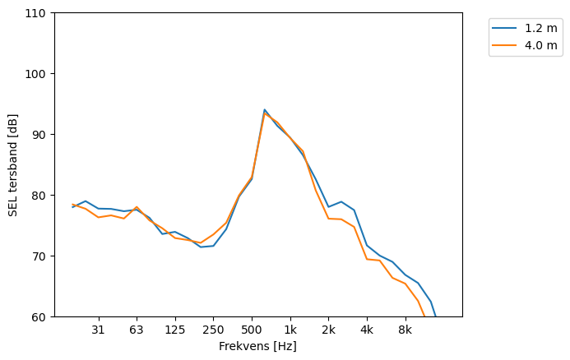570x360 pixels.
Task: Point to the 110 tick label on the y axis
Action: pyautogui.click(x=38, y=13)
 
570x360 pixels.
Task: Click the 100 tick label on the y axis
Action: pyautogui.click(x=38, y=74)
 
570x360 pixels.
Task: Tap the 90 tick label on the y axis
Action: pyautogui.click(x=40, y=135)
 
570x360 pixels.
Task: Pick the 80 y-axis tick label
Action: pyautogui.click(x=40, y=196)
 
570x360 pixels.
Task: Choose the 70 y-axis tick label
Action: pyautogui.click(x=40, y=256)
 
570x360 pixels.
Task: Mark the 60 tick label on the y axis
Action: pyautogui.click(x=40, y=317)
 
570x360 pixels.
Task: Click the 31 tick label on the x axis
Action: pyautogui.click(x=98, y=330)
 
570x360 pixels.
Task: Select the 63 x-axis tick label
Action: pyautogui.click(x=137, y=330)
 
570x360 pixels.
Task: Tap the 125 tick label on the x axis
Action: pyautogui.click(x=174, y=330)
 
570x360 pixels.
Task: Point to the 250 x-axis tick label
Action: pyautogui.click(x=213, y=330)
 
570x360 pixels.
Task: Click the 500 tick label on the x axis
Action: pyautogui.click(x=252, y=330)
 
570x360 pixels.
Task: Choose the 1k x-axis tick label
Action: pyautogui.click(x=290, y=330)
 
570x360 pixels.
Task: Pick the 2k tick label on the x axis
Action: pyautogui.click(x=328, y=330)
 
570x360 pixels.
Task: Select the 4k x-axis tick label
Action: pyautogui.click(x=367, y=330)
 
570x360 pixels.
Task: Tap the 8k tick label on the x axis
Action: pyautogui.click(x=405, y=330)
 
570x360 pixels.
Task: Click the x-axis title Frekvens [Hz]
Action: pyautogui.click(x=257, y=346)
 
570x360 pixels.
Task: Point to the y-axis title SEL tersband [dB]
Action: pyautogui.click(x=13, y=164)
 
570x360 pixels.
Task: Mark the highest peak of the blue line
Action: pyautogui.click(x=265, y=109)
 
